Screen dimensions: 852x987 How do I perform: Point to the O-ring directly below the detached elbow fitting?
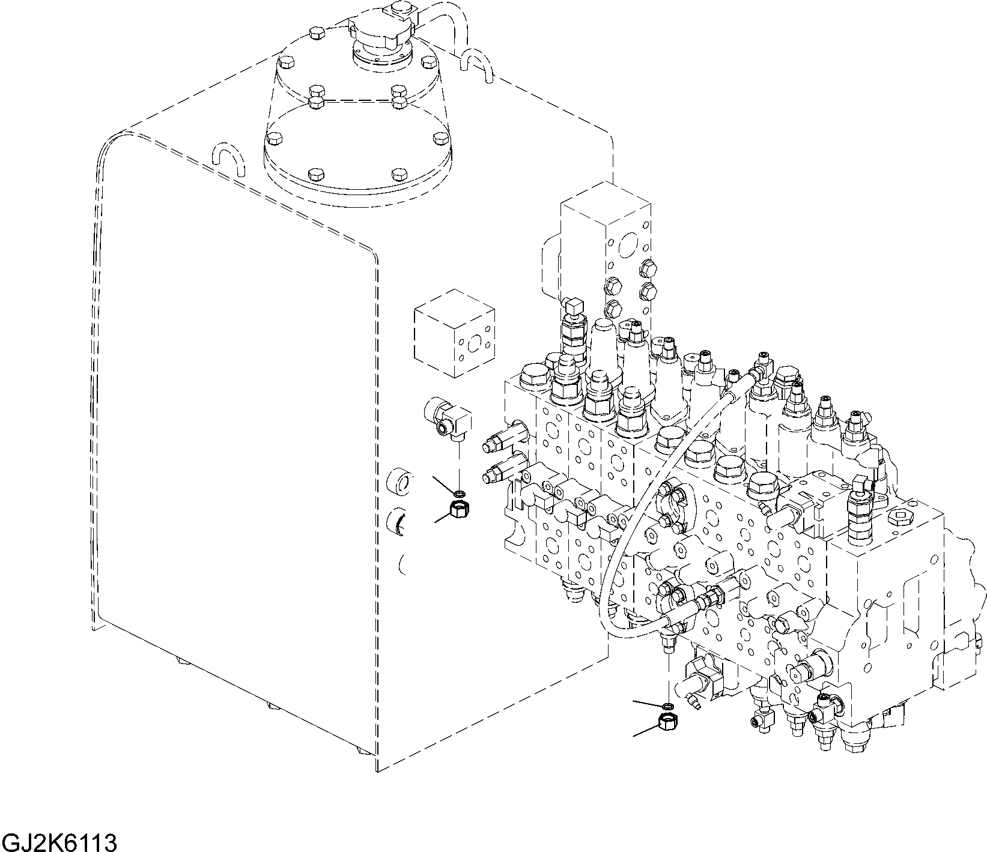coord(460,494)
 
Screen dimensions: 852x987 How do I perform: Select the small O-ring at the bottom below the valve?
coord(669,705)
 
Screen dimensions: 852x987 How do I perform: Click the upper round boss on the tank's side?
coord(401,482)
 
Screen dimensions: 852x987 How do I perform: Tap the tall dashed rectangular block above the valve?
coord(606,240)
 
